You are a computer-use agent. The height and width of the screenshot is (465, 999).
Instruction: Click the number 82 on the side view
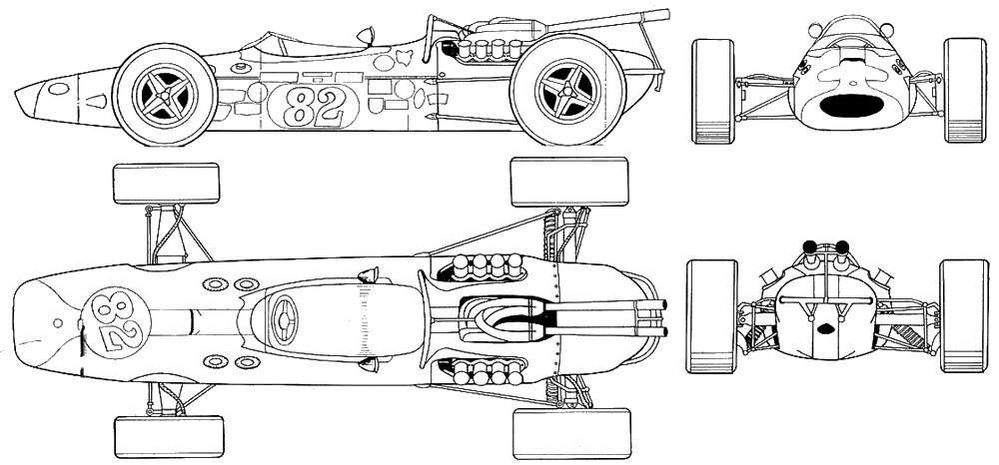[x=314, y=106]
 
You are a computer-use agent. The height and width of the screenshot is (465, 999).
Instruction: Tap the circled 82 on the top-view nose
[x=117, y=322]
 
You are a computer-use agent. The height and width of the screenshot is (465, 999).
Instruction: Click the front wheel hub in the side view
[x=165, y=96]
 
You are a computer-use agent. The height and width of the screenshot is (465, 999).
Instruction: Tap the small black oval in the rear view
[x=826, y=328]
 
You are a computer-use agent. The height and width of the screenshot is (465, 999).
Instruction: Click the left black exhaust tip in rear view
[x=810, y=246]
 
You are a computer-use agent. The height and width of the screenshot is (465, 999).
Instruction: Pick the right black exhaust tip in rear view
[x=841, y=246]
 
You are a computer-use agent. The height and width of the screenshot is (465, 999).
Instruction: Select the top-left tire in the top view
[x=166, y=184]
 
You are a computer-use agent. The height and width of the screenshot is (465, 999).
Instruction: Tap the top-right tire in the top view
[x=569, y=182]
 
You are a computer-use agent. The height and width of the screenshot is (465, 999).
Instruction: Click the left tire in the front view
[x=713, y=91]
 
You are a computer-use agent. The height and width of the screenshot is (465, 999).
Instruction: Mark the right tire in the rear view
[x=964, y=315]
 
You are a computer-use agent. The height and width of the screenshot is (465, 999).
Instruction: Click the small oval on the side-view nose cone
[x=58, y=89]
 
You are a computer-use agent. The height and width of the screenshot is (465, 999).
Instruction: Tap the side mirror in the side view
[x=365, y=35]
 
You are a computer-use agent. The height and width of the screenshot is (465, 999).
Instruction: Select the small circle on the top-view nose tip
[x=58, y=323]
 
